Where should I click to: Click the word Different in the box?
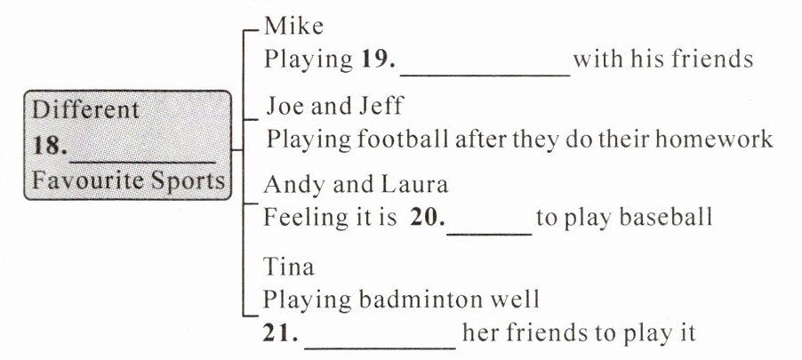point(86,110)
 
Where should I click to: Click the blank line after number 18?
point(142,157)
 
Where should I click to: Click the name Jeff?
point(381,108)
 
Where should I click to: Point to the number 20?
point(428,217)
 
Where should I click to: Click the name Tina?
point(289,266)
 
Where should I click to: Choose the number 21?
point(280,334)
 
